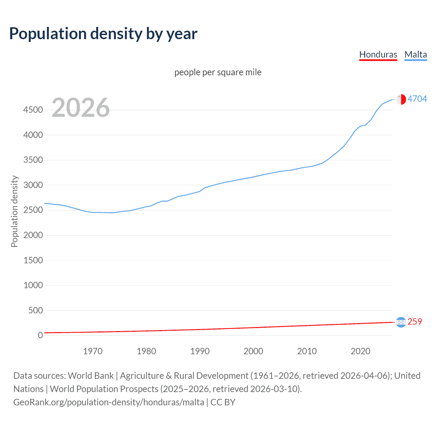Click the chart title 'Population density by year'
pyautogui.click(x=103, y=34)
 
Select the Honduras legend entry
pyautogui.click(x=378, y=54)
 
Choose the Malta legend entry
pyautogui.click(x=416, y=54)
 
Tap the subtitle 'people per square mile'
pyautogui.click(x=218, y=72)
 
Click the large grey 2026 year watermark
pyautogui.click(x=81, y=108)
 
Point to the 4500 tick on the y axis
pyautogui.click(x=33, y=110)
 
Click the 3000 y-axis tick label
pyautogui.click(x=33, y=185)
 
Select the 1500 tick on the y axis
pyautogui.click(x=33, y=260)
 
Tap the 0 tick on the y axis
pyautogui.click(x=40, y=335)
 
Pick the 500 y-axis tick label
pyautogui.click(x=35, y=310)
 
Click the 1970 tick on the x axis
pyautogui.click(x=93, y=351)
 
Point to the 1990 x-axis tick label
pyautogui.click(x=200, y=351)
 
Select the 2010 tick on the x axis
pyautogui.click(x=307, y=351)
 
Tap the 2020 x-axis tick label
pyautogui.click(x=360, y=351)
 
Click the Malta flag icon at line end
pyautogui.click(x=401, y=99)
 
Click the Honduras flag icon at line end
pyautogui.click(x=401, y=322)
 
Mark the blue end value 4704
pyautogui.click(x=417, y=99)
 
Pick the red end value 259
pyautogui.click(x=415, y=322)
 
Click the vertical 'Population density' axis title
pyautogui.click(x=14, y=211)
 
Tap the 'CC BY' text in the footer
pyautogui.click(x=223, y=402)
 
